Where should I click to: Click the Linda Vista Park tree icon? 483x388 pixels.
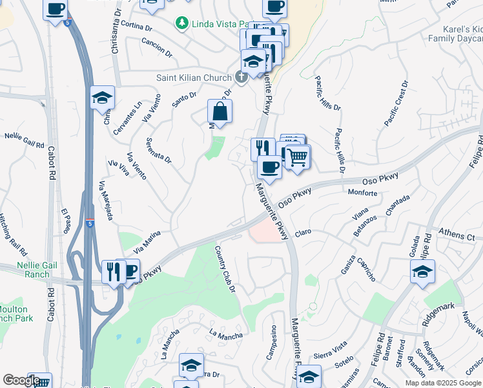183,23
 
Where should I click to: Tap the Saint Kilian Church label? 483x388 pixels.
194,78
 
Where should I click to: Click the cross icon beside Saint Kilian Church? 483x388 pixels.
241,78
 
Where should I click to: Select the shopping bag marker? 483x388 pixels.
220,111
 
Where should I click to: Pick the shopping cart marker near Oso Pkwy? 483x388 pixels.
297,157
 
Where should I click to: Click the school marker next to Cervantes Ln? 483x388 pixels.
102,98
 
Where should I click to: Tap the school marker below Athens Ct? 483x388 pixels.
422,272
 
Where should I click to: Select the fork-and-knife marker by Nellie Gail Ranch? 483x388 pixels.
114,272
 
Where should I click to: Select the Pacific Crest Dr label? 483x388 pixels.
396,103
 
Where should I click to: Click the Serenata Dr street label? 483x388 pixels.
158,150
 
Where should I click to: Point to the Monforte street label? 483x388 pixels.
362,193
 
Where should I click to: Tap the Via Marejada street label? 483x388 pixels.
106,200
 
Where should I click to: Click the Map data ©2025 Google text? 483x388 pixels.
443,383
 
